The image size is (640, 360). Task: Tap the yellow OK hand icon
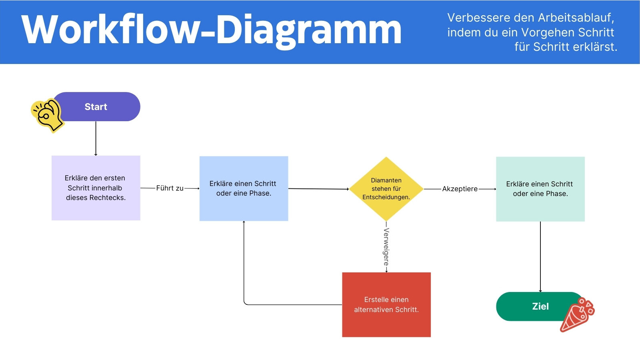click(x=47, y=115)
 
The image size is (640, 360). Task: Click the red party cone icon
click(x=577, y=316)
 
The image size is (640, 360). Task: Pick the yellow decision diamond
click(x=386, y=189)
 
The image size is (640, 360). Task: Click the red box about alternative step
click(x=386, y=305)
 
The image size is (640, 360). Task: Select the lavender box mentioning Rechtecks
click(x=96, y=188)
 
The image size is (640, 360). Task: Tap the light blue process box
click(x=244, y=188)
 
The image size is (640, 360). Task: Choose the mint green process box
click(x=540, y=189)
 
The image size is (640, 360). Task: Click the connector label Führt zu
click(x=170, y=188)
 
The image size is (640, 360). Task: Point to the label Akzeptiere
click(x=460, y=189)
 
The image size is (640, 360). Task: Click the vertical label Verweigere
click(x=386, y=247)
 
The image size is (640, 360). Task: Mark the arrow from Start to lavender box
click(x=96, y=138)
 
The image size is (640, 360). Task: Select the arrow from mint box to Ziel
click(x=540, y=256)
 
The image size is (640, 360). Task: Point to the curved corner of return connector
click(x=245, y=304)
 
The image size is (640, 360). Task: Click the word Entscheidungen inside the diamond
click(x=386, y=197)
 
